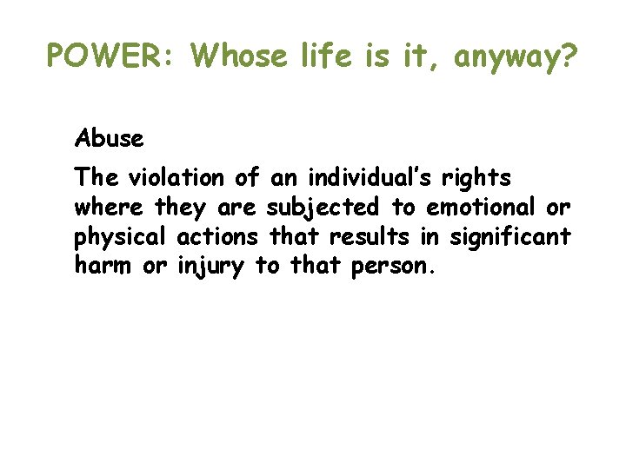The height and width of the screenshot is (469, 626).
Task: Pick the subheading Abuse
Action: pos(110,137)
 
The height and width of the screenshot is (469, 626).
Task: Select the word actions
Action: pos(217,236)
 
